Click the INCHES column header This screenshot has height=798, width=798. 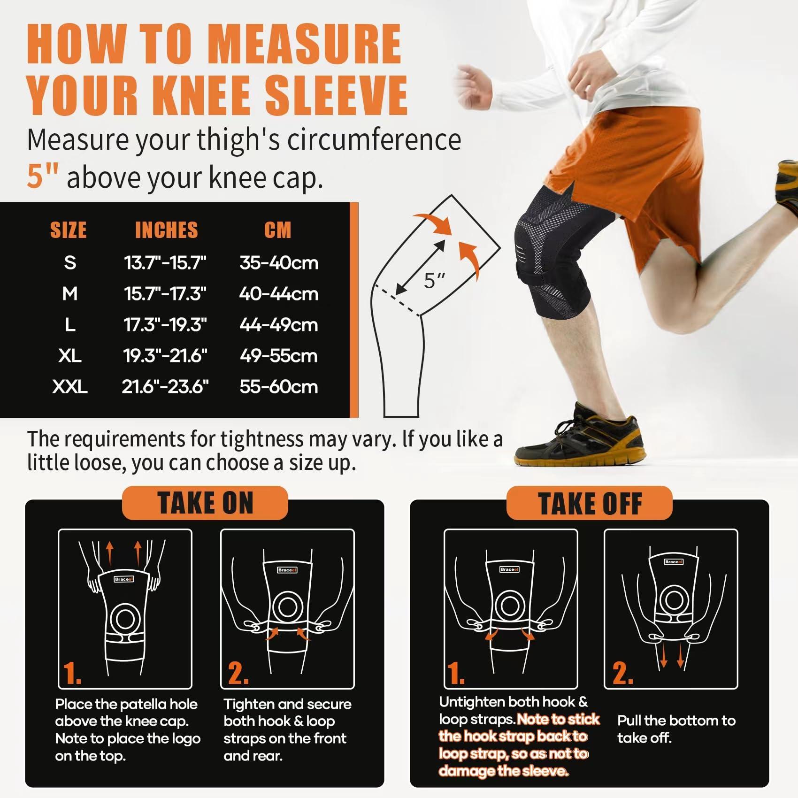pyautogui.click(x=166, y=230)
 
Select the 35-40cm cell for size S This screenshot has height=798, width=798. pyautogui.click(x=279, y=263)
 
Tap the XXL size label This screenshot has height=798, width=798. pyautogui.click(x=70, y=387)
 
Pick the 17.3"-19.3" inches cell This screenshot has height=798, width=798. pyautogui.click(x=165, y=325)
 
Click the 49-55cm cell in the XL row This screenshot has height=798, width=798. pyautogui.click(x=279, y=356)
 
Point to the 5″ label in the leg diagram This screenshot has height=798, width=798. pyautogui.click(x=435, y=281)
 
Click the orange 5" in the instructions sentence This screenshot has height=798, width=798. pyautogui.click(x=42, y=177)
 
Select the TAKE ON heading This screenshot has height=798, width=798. pyautogui.click(x=205, y=503)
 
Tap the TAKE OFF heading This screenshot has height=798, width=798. pyautogui.click(x=590, y=504)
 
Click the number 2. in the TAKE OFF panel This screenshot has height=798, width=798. pyautogui.click(x=622, y=673)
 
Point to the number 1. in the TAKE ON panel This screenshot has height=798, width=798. pyautogui.click(x=72, y=673)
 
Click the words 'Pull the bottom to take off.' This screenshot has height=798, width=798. pyautogui.click(x=676, y=729)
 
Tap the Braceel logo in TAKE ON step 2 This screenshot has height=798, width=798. pyautogui.click(x=287, y=570)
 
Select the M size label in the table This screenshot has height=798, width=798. pyautogui.click(x=70, y=294)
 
